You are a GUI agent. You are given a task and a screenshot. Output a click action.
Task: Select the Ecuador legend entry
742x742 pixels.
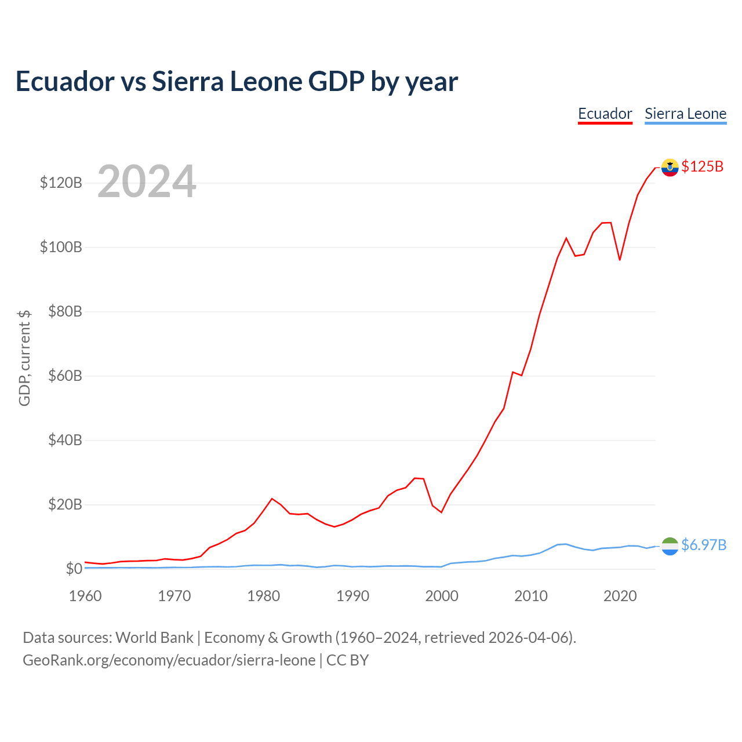click(x=605, y=114)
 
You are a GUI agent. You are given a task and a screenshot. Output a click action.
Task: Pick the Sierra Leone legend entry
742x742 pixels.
click(x=685, y=114)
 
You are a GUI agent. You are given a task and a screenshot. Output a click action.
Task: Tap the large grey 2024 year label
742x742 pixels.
click(x=147, y=181)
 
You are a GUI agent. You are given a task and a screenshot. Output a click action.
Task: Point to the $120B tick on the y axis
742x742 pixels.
click(x=61, y=183)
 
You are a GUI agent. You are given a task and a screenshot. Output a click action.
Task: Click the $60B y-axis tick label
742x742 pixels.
click(x=65, y=376)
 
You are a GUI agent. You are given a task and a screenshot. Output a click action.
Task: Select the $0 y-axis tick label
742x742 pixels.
click(x=74, y=568)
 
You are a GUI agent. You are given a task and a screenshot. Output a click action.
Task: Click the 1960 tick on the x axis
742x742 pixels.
click(x=85, y=596)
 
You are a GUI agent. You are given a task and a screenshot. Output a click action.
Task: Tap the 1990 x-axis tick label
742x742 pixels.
click(x=352, y=596)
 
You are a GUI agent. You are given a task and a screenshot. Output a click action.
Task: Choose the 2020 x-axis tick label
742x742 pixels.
click(x=620, y=596)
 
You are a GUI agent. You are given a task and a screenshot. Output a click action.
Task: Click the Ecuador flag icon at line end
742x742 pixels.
click(x=670, y=168)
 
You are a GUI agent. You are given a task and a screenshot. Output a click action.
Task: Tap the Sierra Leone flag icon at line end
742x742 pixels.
click(x=670, y=546)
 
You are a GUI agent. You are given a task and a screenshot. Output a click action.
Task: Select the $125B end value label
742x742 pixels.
click(x=703, y=166)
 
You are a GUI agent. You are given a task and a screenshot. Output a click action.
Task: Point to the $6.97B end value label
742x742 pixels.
click(x=704, y=545)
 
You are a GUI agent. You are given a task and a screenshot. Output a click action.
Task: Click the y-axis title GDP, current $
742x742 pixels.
click(x=24, y=358)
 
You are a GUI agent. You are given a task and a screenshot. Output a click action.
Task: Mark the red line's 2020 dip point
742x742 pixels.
click(x=620, y=260)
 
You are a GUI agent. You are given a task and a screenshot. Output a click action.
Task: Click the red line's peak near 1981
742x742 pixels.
click(x=272, y=499)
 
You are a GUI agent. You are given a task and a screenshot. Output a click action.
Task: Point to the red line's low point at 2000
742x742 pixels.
click(x=441, y=512)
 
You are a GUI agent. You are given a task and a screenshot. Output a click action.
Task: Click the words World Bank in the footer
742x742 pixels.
click(x=154, y=638)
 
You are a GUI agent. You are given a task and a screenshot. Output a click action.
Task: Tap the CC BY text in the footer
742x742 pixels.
click(x=347, y=660)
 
